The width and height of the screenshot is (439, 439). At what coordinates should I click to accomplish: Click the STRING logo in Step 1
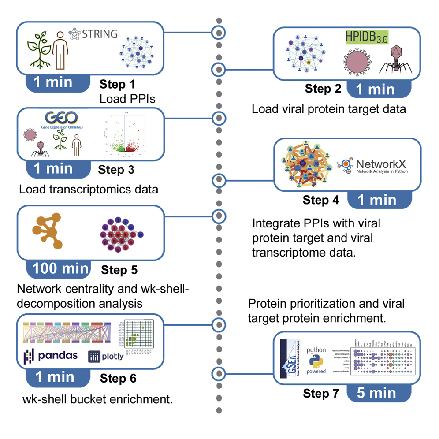pos(93,33)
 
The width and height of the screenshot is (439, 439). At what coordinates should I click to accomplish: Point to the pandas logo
pos(50,356)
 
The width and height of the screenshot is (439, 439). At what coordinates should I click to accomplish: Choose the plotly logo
pos(106,356)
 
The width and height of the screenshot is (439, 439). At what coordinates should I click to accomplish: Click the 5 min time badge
pos(377,392)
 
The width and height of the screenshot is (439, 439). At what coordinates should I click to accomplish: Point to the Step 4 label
pos(321,200)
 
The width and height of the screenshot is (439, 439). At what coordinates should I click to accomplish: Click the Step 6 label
pos(118,378)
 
